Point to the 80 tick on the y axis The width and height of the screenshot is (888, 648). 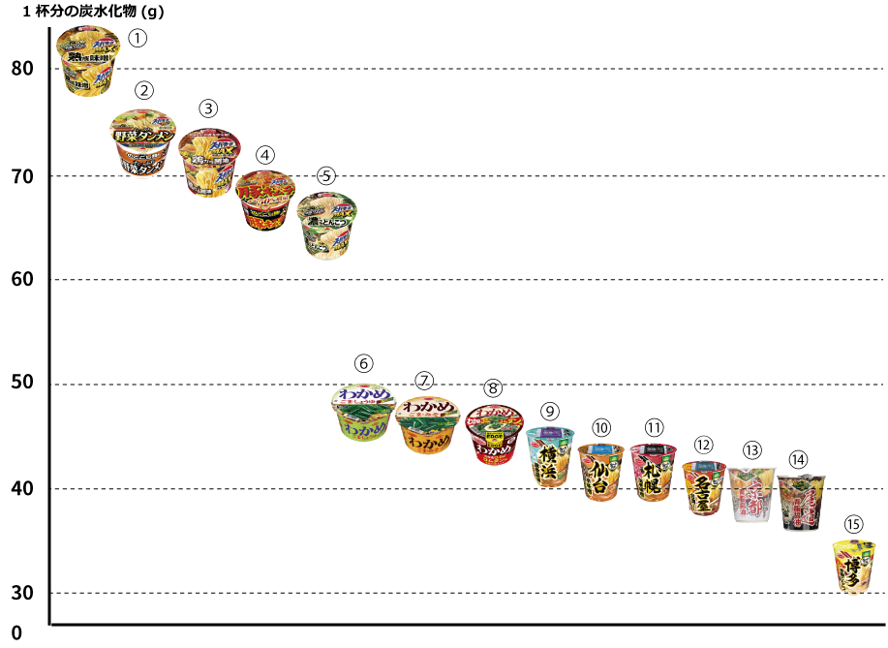point(23,70)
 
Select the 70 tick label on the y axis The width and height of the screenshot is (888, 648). point(23,176)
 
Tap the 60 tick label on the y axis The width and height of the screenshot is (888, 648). point(23,280)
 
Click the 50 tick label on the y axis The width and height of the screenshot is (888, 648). point(23,385)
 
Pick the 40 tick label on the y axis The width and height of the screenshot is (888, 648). point(23,489)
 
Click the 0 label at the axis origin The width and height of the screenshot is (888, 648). point(15,634)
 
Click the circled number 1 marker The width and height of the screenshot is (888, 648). point(138,39)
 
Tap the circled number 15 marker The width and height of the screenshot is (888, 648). point(852,523)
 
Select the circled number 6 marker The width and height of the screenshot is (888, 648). point(364,364)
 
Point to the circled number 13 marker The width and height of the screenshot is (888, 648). point(752,449)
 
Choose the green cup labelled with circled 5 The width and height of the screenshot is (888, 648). point(326,224)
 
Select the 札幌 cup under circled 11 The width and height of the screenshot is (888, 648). point(654,472)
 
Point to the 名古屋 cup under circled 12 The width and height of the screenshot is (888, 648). point(704,487)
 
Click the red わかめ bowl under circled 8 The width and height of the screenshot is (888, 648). point(494,434)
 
